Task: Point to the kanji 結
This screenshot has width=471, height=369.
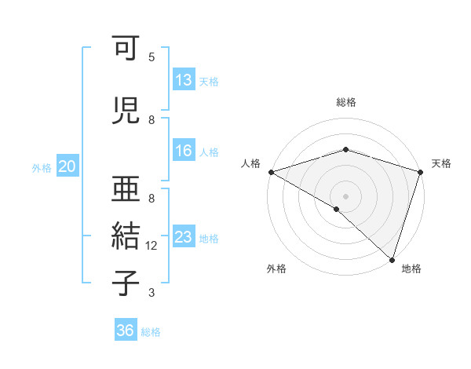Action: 126,236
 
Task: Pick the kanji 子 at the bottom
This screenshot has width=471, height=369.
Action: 126,282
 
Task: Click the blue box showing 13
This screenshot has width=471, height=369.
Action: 183,80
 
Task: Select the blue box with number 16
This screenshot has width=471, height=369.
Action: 183,151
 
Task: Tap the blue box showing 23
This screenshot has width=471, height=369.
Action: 183,237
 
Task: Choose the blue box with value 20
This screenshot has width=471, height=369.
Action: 68,166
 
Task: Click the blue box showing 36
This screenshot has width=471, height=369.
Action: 125,331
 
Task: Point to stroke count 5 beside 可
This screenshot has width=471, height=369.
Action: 151,57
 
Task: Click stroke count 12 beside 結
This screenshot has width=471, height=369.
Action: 152,246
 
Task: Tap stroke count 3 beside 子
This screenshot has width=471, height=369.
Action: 151,293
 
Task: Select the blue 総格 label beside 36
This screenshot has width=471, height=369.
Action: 151,332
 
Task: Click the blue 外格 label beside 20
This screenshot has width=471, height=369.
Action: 42,167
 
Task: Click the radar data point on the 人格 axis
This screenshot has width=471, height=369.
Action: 271,171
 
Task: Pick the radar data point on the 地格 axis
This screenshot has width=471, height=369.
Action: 392,258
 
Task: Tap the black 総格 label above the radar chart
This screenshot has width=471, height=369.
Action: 346,102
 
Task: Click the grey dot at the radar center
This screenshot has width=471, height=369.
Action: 345,195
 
